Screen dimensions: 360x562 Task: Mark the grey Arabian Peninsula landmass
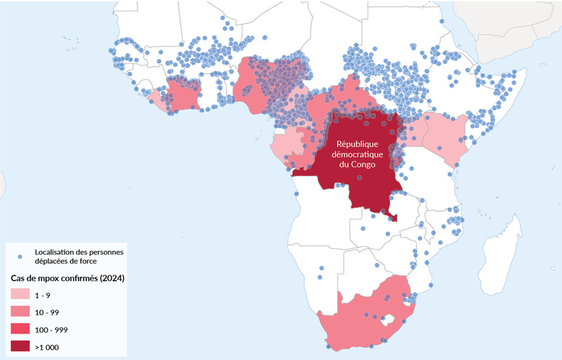[x=506, y=28]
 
